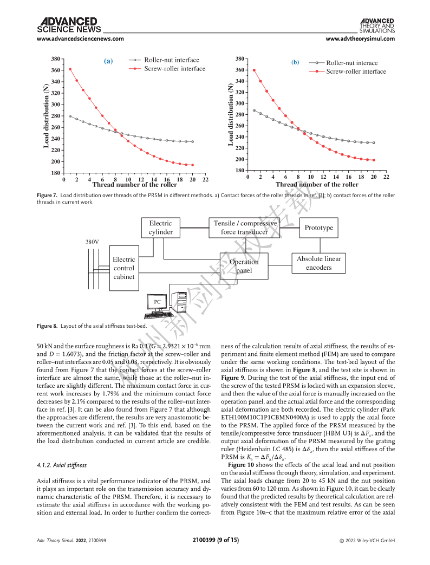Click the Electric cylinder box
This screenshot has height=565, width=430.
(x=161, y=228)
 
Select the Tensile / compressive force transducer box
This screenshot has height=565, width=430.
(x=244, y=228)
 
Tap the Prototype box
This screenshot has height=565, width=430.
(x=319, y=228)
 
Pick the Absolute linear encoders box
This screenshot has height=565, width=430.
(x=319, y=263)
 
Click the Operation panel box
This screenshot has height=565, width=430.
(x=244, y=266)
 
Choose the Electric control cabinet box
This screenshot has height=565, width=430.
(x=124, y=268)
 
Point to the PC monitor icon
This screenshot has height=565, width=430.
(x=158, y=303)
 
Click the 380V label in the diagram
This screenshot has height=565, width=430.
(x=92, y=242)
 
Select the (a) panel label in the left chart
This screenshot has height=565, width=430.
(x=108, y=61)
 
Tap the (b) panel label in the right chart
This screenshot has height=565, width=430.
(x=295, y=62)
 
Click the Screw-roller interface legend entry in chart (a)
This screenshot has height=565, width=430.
(x=167, y=68)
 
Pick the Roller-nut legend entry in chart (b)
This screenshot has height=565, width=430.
(x=343, y=63)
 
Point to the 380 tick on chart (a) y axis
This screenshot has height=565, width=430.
(x=55, y=59)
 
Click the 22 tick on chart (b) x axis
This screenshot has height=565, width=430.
(x=387, y=177)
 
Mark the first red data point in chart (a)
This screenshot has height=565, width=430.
(x=70, y=69)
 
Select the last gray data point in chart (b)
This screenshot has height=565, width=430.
(x=374, y=142)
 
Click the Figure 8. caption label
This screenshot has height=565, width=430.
(x=47, y=326)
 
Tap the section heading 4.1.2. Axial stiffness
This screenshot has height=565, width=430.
(x=62, y=465)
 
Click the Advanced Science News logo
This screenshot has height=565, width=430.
(x=69, y=25)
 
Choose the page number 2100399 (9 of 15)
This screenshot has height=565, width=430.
(x=216, y=540)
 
